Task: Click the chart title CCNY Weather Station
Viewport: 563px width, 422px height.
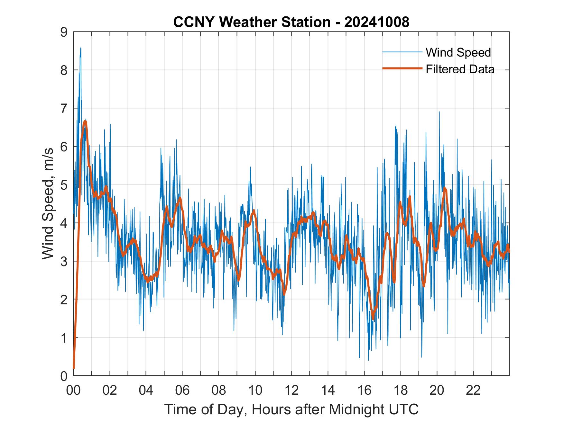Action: tap(291, 22)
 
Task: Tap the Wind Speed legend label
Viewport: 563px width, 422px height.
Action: tap(458, 52)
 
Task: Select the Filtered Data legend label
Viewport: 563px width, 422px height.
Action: tap(460, 69)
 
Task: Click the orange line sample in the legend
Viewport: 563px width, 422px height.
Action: tap(402, 68)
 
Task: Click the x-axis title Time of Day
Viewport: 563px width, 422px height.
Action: tap(291, 409)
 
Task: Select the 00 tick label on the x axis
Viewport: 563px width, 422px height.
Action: tap(73, 391)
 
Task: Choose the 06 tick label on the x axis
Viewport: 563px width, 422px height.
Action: tap(182, 391)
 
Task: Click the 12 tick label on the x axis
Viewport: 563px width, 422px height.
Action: tap(291, 391)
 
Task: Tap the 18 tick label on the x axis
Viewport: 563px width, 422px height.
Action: tap(401, 391)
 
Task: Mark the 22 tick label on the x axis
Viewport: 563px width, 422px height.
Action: tap(473, 391)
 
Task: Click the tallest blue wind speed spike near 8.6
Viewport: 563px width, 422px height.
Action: tap(80, 48)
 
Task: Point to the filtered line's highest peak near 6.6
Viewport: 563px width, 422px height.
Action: tap(85, 121)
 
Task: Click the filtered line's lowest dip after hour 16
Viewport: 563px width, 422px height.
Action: tap(373, 318)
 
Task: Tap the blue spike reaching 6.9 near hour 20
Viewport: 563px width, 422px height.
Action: tap(439, 112)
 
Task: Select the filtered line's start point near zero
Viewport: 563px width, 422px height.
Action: tap(74, 368)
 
